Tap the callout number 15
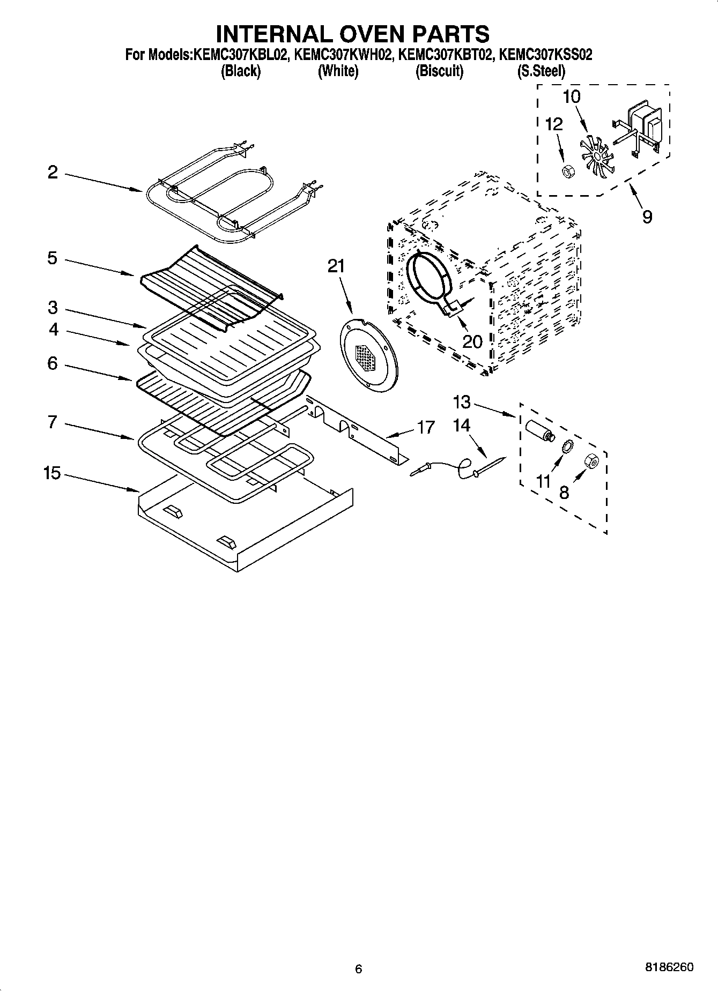(x=52, y=474)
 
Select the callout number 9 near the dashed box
(x=647, y=217)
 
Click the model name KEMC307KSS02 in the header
(x=545, y=55)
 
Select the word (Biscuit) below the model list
(x=439, y=71)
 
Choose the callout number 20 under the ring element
(x=472, y=341)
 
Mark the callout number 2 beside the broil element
(x=52, y=173)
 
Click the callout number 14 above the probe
(x=461, y=426)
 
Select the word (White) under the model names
(x=338, y=71)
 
